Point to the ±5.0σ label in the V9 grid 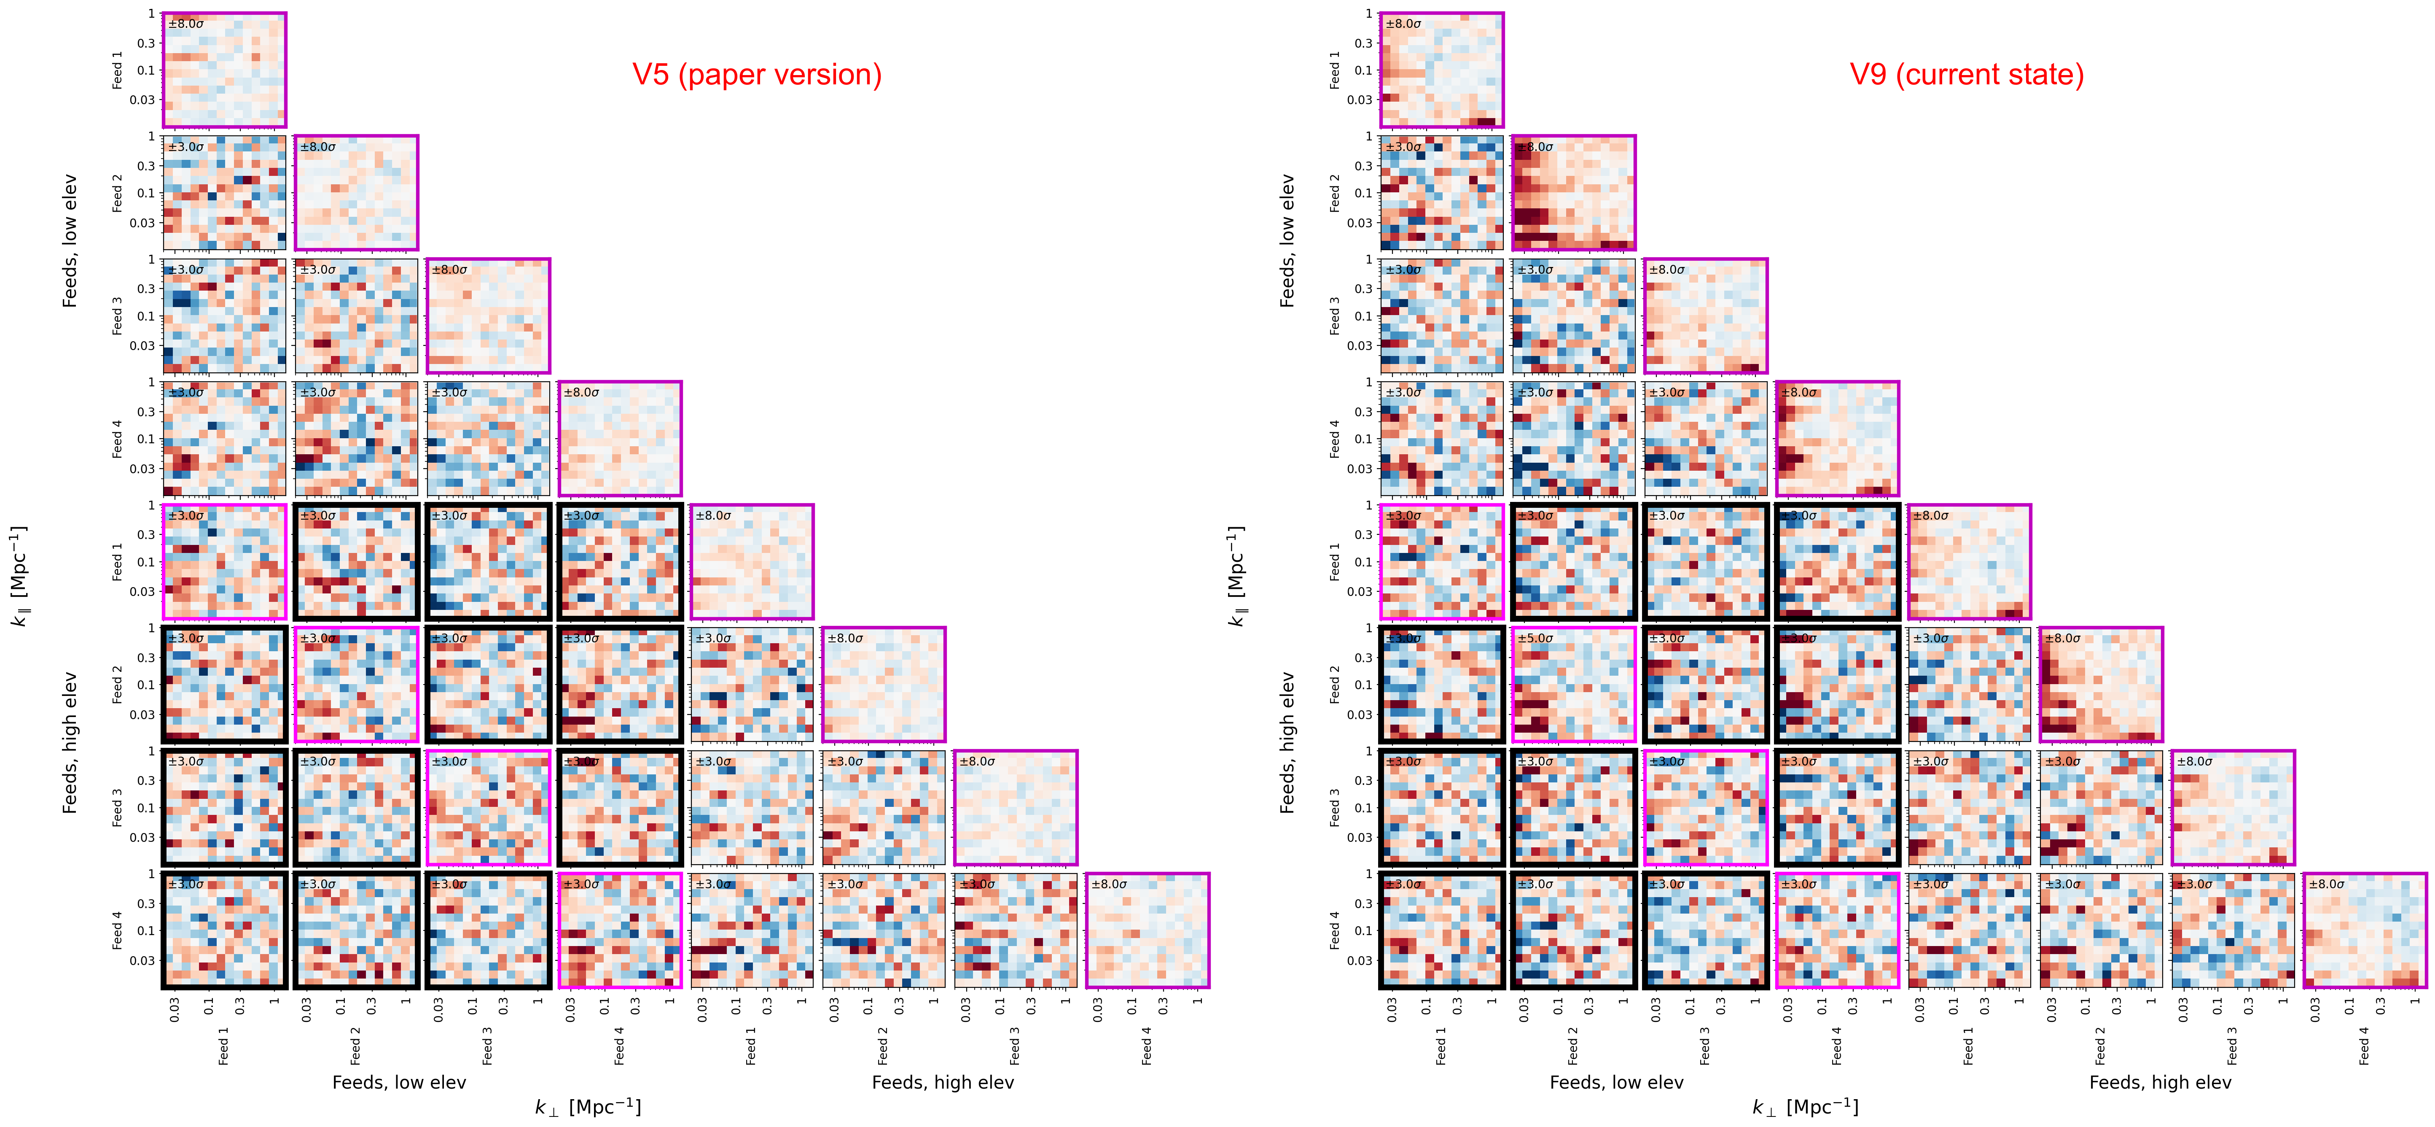[1535, 638]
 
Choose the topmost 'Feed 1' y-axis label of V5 [117, 70]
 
